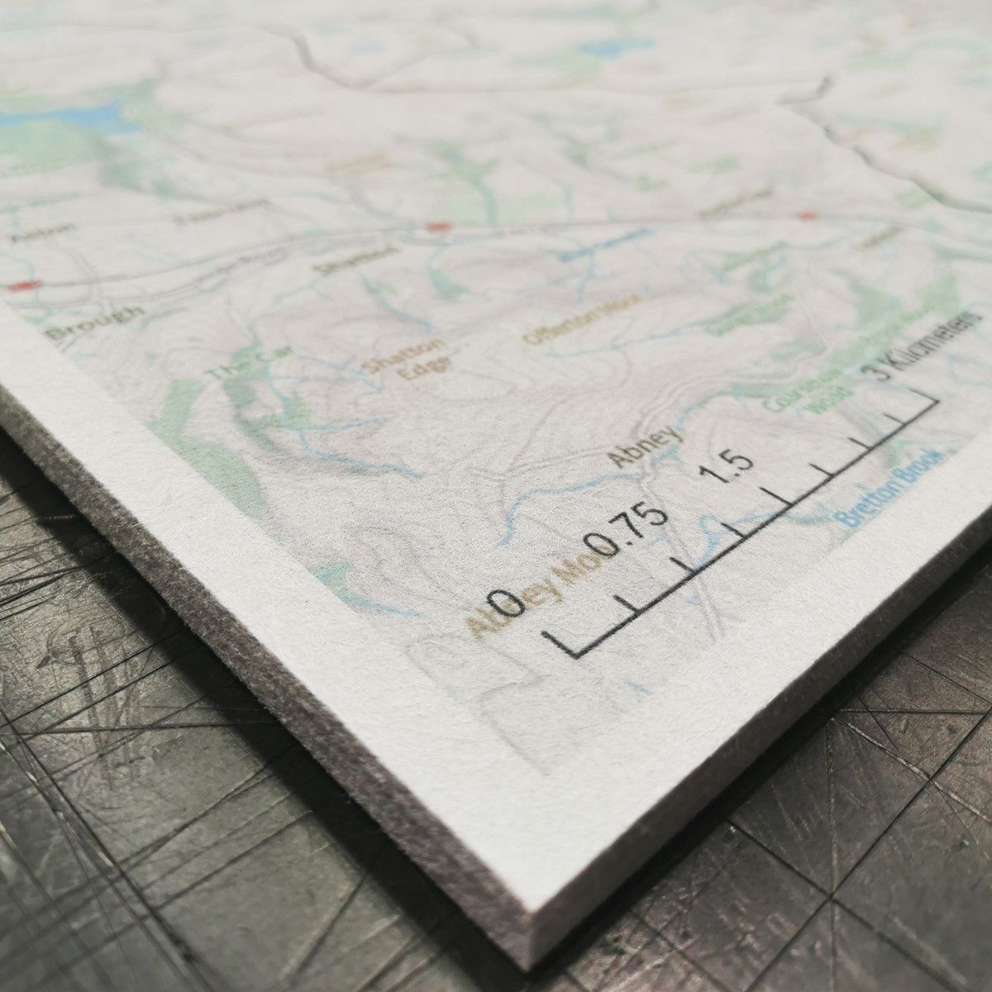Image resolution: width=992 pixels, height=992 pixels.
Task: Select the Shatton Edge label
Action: tap(405, 360)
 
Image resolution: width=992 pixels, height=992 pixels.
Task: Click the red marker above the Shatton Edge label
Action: tap(436, 226)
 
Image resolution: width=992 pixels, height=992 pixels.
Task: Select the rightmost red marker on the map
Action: tap(806, 216)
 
